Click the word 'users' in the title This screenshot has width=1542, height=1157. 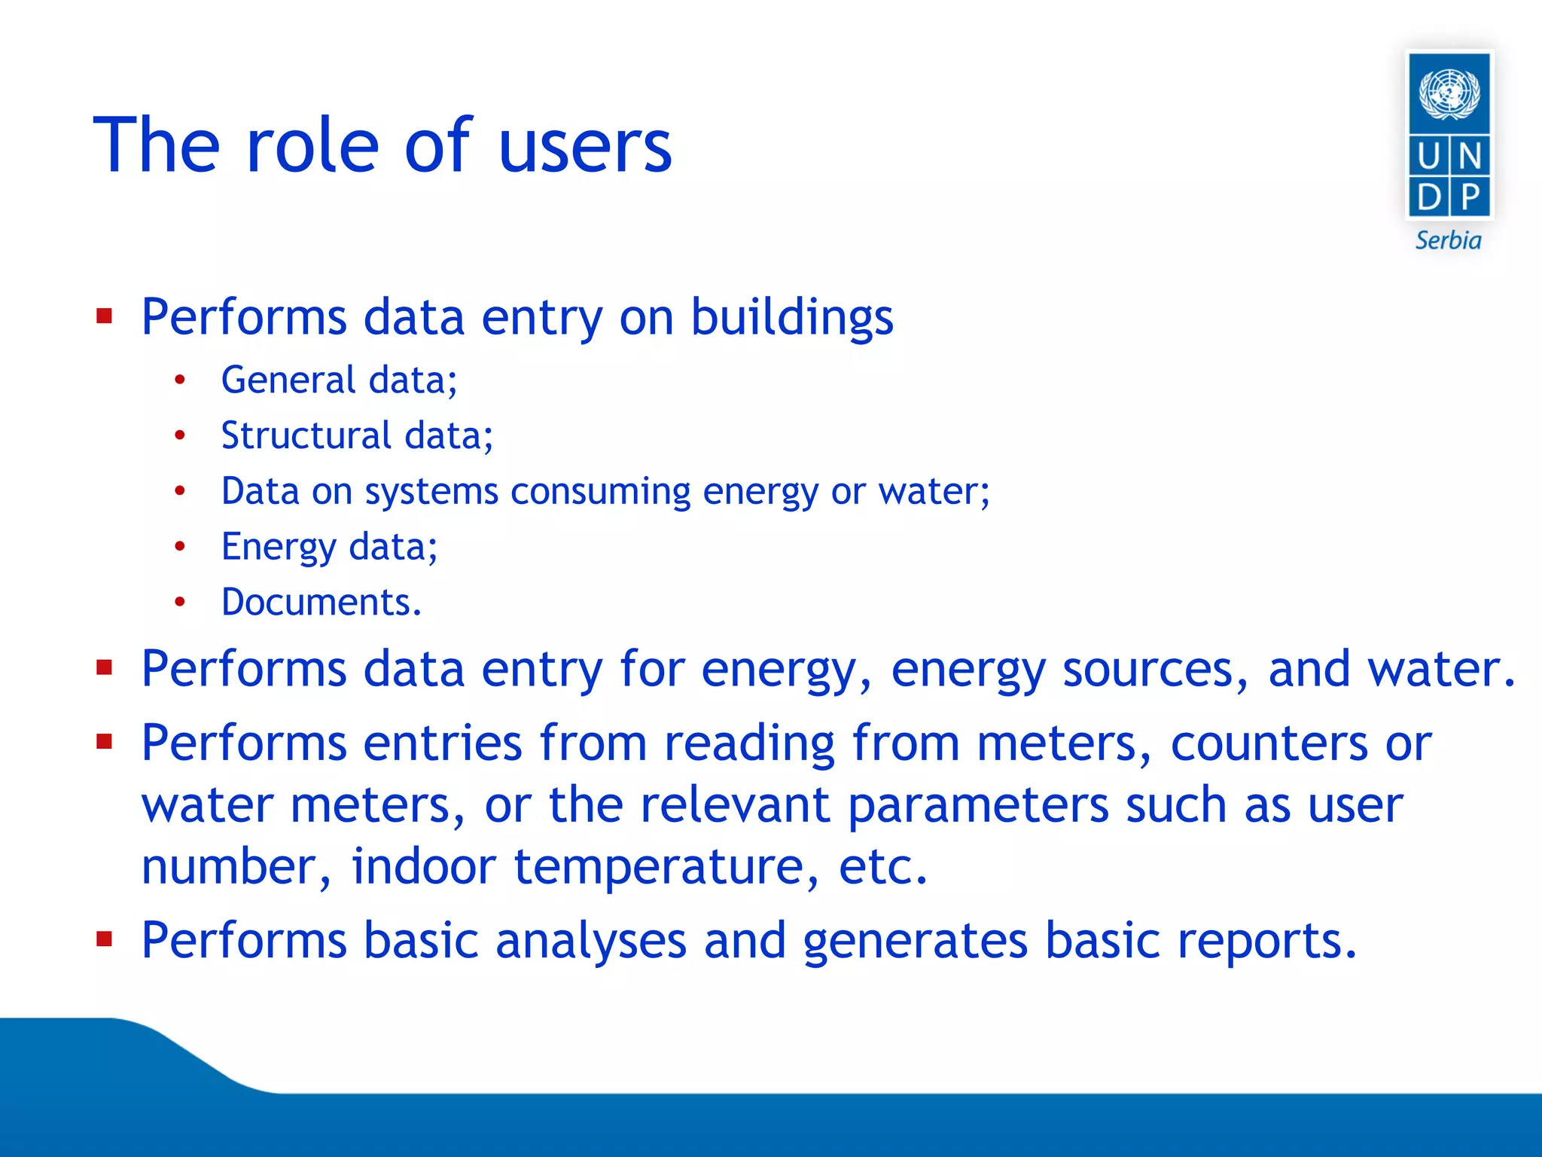pyautogui.click(x=584, y=147)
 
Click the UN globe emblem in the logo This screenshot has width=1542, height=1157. pyautogui.click(x=1449, y=93)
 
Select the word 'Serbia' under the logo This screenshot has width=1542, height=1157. pyautogui.click(x=1448, y=240)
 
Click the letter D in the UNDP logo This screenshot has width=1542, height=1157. pyautogui.click(x=1429, y=197)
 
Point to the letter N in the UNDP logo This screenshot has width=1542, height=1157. pyautogui.click(x=1470, y=157)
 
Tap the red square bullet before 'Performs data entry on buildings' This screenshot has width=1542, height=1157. pyautogui.click(x=105, y=316)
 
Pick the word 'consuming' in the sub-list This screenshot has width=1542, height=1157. pyautogui.click(x=600, y=491)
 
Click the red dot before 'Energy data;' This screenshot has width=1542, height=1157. pyautogui.click(x=179, y=546)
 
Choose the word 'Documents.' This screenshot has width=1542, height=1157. pyautogui.click(x=322, y=602)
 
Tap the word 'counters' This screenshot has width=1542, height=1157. pyautogui.click(x=1269, y=743)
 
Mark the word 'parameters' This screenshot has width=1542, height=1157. pyautogui.click(x=978, y=805)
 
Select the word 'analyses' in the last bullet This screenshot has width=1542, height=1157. pyautogui.click(x=591, y=941)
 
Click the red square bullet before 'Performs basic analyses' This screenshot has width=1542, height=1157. pyautogui.click(x=105, y=939)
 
